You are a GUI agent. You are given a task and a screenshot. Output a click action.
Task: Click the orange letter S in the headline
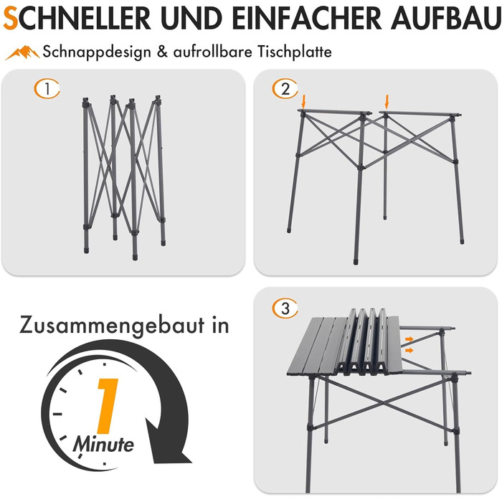point(10,19)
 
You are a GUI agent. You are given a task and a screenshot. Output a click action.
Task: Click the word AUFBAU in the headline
point(445,19)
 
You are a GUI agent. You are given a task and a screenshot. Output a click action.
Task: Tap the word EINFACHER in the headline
point(306,19)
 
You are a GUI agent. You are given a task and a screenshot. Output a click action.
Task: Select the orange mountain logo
point(22,52)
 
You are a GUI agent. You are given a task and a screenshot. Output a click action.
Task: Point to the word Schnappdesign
point(97,52)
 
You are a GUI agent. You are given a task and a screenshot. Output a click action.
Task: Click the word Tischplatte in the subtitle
point(295,52)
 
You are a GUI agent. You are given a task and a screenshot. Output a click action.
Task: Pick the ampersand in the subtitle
point(162,52)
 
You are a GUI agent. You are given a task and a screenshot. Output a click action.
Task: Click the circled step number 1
point(47,89)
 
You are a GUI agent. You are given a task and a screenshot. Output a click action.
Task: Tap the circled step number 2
point(285,88)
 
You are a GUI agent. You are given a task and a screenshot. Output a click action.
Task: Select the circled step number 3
point(285,308)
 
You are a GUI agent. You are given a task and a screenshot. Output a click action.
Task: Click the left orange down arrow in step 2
point(304,101)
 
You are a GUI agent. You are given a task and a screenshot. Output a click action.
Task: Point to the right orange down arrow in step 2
point(387,101)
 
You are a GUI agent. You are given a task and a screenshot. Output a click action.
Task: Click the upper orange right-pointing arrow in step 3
point(409,339)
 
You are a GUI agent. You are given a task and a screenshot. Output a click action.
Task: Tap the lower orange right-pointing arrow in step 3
point(409,351)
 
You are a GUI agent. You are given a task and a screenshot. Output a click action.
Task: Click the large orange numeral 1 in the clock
point(108,406)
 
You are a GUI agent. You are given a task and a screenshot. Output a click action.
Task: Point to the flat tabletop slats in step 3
point(317,346)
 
